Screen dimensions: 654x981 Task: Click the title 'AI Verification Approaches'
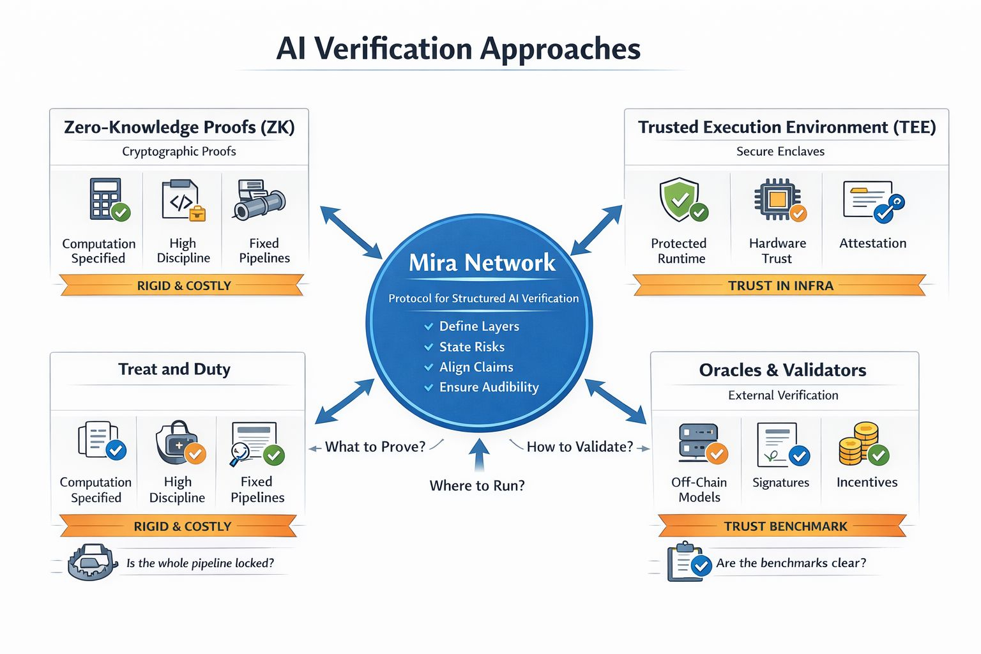[x=458, y=49]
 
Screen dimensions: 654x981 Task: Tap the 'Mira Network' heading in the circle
[x=482, y=262]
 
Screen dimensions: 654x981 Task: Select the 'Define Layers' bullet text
[x=479, y=326]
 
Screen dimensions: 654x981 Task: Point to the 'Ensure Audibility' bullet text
[x=489, y=387]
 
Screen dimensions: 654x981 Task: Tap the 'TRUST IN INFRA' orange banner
[x=780, y=285]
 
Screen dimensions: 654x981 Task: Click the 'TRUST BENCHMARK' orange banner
[x=785, y=526]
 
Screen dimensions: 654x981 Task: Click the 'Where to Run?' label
[x=477, y=485]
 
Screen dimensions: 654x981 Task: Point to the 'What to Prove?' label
[x=375, y=446]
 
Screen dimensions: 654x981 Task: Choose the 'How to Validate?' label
[x=580, y=446]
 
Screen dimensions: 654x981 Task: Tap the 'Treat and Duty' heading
[x=174, y=369]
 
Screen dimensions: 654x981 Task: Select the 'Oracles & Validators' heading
[x=782, y=370]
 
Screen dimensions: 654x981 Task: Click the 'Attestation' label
[x=872, y=243]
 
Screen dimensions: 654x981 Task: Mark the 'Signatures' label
[x=780, y=483]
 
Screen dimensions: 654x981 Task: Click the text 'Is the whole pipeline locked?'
[x=200, y=563]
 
